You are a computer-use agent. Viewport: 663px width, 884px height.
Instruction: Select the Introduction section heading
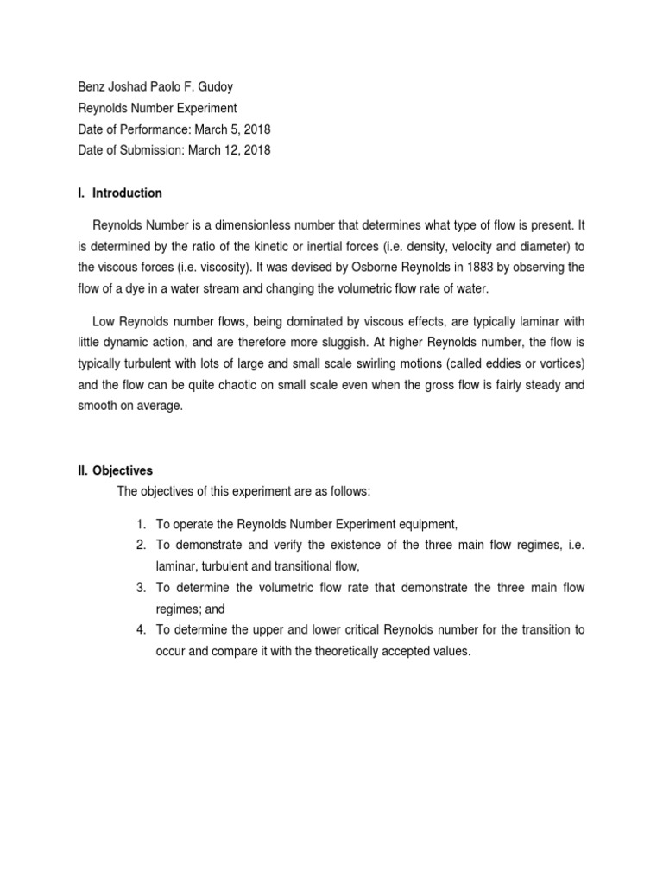[126, 193]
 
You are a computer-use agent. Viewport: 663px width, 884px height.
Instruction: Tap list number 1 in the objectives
[141, 524]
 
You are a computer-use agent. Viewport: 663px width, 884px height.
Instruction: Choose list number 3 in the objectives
[141, 587]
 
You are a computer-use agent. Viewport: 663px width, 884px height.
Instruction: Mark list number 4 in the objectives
[141, 629]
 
